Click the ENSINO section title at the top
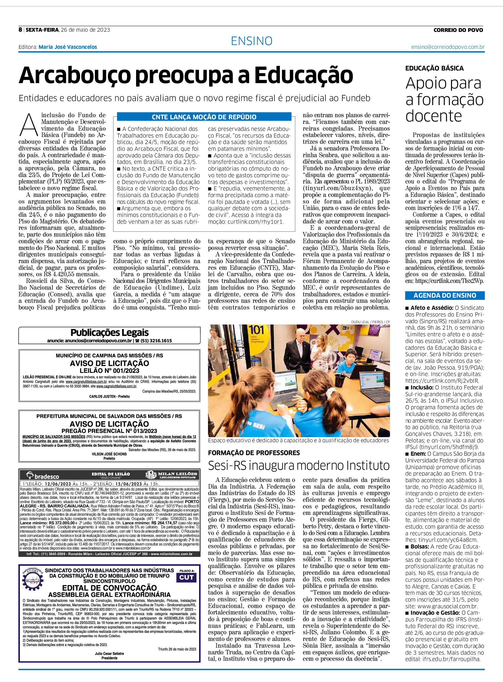[251, 41]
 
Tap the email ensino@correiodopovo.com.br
[448, 47]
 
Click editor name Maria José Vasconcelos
[68, 47]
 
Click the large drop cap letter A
[29, 125]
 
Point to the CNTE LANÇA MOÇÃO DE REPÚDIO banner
[204, 117]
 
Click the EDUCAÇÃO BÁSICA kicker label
[434, 68]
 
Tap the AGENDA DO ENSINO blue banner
[444, 295]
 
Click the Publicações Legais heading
[109, 333]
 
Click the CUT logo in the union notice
[186, 577]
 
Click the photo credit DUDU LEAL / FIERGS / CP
[370, 322]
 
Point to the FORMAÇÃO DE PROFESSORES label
[254, 453]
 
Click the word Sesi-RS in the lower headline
[227, 466]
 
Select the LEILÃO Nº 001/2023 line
[109, 371]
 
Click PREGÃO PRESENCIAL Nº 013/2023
[109, 431]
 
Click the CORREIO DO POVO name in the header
[458, 30]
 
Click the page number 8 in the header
[20, 30]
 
